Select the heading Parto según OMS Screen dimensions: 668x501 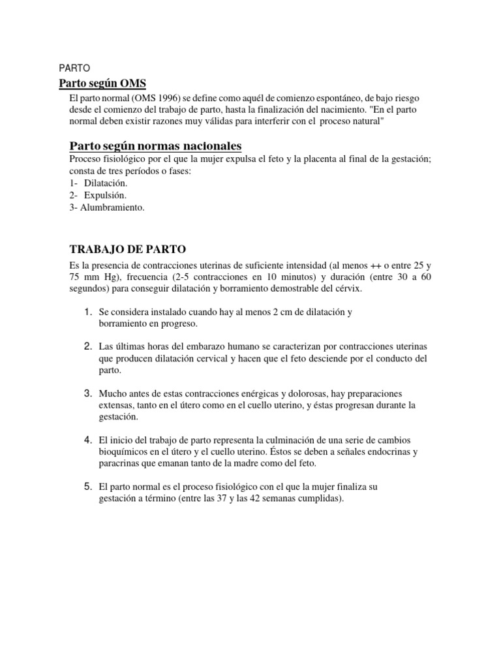click(x=102, y=83)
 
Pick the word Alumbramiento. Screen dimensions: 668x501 click(x=112, y=207)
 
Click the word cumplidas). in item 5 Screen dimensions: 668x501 click(x=321, y=499)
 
